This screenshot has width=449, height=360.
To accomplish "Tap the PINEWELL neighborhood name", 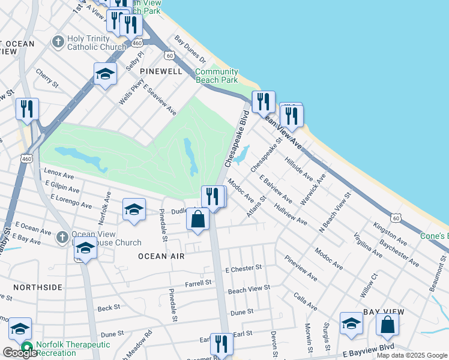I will pos(160,71).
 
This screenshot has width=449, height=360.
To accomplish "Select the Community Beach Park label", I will pos(217,76).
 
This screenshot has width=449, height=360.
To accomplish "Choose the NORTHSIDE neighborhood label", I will pos(37,287).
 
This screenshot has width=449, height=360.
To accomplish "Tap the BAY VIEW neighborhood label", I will pos(384,313).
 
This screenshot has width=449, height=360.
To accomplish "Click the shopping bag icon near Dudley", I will pos(198,220).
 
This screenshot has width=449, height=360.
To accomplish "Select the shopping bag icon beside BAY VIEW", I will pos(388,325).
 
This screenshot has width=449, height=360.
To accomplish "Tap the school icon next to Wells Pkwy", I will pos(105,74).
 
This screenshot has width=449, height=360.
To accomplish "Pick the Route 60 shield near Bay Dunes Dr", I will pos(170,55).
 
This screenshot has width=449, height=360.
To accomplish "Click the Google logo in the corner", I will pos(20,353).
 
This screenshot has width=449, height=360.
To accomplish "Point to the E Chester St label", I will pos(244,268).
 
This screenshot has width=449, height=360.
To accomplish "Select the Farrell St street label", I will pos(199,282).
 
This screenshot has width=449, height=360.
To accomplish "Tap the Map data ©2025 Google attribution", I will pos(412,355).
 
